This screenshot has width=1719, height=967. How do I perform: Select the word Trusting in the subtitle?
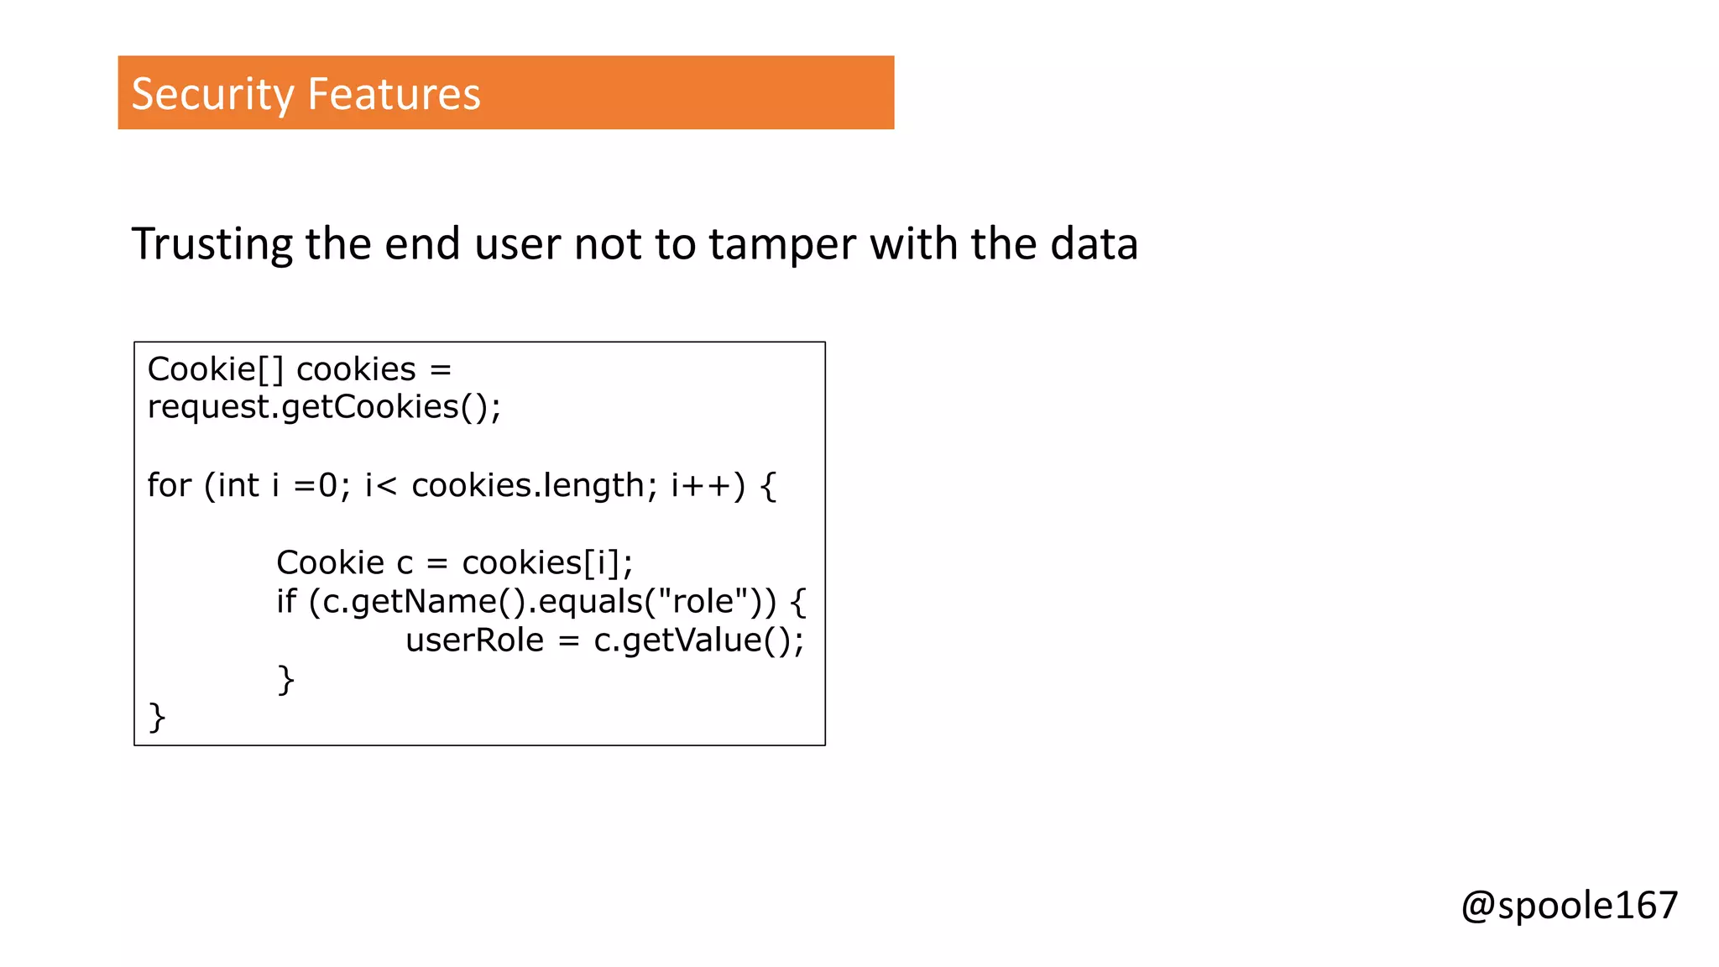pyautogui.click(x=212, y=244)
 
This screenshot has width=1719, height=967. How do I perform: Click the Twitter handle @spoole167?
pyautogui.click(x=1569, y=906)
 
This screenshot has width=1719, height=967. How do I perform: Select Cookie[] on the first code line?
pyautogui.click(x=216, y=369)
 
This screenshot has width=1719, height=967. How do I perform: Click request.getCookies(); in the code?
pyautogui.click(x=324, y=407)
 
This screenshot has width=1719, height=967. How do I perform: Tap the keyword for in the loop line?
pyautogui.click(x=169, y=485)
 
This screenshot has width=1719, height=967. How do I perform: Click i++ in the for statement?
pyautogui.click(x=702, y=485)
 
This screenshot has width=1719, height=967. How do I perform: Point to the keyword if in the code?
pyautogui.click(x=286, y=601)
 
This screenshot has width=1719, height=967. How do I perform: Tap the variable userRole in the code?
pyautogui.click(x=475, y=640)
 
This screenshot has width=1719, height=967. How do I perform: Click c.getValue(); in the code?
pyautogui.click(x=698, y=640)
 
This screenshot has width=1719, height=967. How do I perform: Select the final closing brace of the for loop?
pyautogui.click(x=157, y=718)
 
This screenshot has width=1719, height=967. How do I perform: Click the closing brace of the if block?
pyautogui.click(x=286, y=679)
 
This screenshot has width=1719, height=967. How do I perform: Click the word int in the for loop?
pyautogui.click(x=238, y=485)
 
